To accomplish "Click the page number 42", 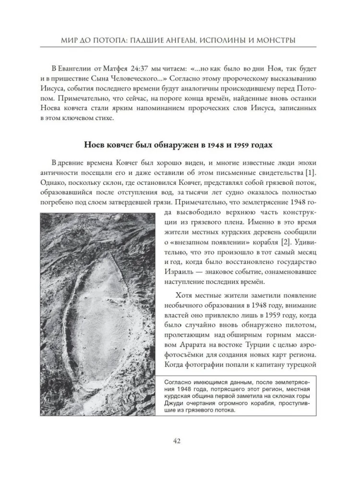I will [x=180, y=441].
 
